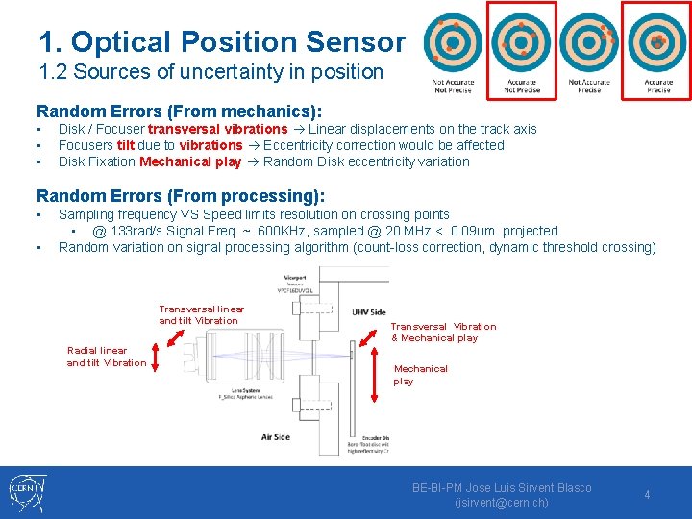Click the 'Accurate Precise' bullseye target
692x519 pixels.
click(656, 42)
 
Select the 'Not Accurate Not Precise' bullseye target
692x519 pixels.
click(453, 42)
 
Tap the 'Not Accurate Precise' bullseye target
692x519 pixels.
click(589, 42)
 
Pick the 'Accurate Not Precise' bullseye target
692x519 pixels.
click(522, 42)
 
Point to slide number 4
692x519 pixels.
click(647, 495)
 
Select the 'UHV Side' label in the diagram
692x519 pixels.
click(369, 312)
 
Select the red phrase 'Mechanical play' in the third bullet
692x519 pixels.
click(190, 161)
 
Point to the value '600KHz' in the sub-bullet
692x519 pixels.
click(286, 231)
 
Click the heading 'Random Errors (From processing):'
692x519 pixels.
click(181, 196)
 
